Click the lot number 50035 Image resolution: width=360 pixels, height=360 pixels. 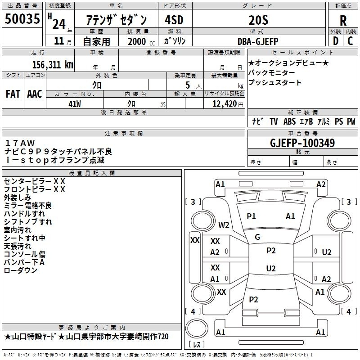[22, 19]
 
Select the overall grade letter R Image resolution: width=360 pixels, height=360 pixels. [343, 21]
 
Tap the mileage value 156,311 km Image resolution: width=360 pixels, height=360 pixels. [53, 65]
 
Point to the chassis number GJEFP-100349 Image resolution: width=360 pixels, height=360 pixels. [302, 143]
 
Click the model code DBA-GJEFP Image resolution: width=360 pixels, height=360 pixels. [258, 41]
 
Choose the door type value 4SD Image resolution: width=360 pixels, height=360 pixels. [174, 20]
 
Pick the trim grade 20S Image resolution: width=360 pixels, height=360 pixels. [258, 20]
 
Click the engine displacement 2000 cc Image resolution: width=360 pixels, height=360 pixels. [141, 42]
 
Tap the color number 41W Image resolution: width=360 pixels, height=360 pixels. [75, 104]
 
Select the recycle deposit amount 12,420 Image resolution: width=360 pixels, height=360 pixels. [225, 104]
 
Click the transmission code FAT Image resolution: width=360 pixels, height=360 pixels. [13, 94]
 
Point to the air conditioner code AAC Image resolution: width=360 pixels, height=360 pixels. [35, 94]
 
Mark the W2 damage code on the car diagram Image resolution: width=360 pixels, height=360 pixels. [224, 225]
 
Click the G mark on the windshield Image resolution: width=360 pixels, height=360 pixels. [257, 237]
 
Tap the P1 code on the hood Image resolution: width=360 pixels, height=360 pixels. [251, 216]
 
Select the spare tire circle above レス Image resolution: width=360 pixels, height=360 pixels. [197, 328]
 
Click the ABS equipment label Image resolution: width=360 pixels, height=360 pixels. [289, 121]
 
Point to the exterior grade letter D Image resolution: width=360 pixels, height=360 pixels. [336, 41]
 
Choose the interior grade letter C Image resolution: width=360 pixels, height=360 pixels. [350, 41]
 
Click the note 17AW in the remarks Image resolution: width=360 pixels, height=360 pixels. [20, 143]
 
